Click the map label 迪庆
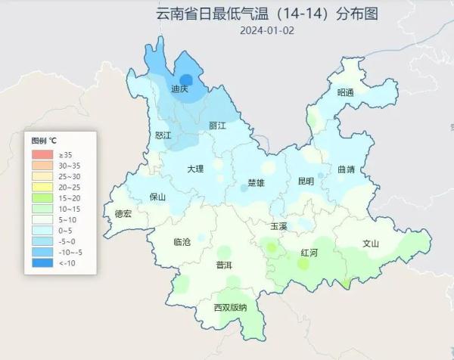point(179,89)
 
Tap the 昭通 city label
point(346,92)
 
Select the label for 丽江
point(217,126)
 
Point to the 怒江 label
point(163,135)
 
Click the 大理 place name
point(196,169)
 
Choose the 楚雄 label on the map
point(257,183)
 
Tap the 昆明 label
point(306,181)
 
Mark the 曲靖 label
point(347,169)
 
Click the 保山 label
point(157,197)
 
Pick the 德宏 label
point(123,214)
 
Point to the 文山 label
point(370,244)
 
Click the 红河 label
point(309,253)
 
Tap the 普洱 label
point(224,265)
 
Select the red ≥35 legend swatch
point(41,155)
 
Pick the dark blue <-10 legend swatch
point(41,262)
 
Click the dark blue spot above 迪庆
point(186,78)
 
